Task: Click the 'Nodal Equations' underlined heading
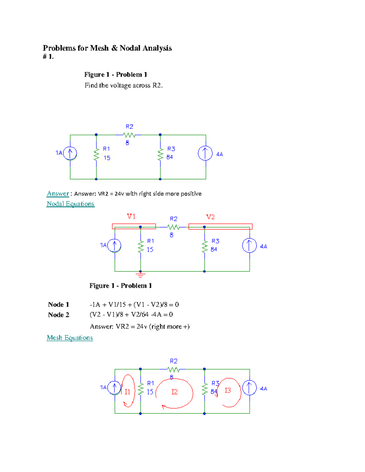(x=71, y=204)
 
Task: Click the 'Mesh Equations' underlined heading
(x=70, y=338)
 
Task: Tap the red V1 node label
(x=131, y=216)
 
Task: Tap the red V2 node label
(x=210, y=217)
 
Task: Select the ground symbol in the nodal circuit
(x=141, y=275)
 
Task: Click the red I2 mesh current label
(x=174, y=392)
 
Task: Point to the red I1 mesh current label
(x=127, y=392)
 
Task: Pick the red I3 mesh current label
(x=228, y=390)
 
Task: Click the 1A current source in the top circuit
(x=70, y=153)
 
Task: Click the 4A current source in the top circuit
(x=205, y=153)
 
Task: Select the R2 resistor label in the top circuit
(x=129, y=127)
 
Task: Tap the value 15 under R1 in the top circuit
(x=107, y=158)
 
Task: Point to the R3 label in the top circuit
(x=171, y=149)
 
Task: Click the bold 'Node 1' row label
(x=58, y=305)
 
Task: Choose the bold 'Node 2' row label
(x=58, y=315)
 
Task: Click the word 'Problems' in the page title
(x=59, y=48)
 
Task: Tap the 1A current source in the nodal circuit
(x=114, y=246)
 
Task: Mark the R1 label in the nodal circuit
(x=151, y=241)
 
